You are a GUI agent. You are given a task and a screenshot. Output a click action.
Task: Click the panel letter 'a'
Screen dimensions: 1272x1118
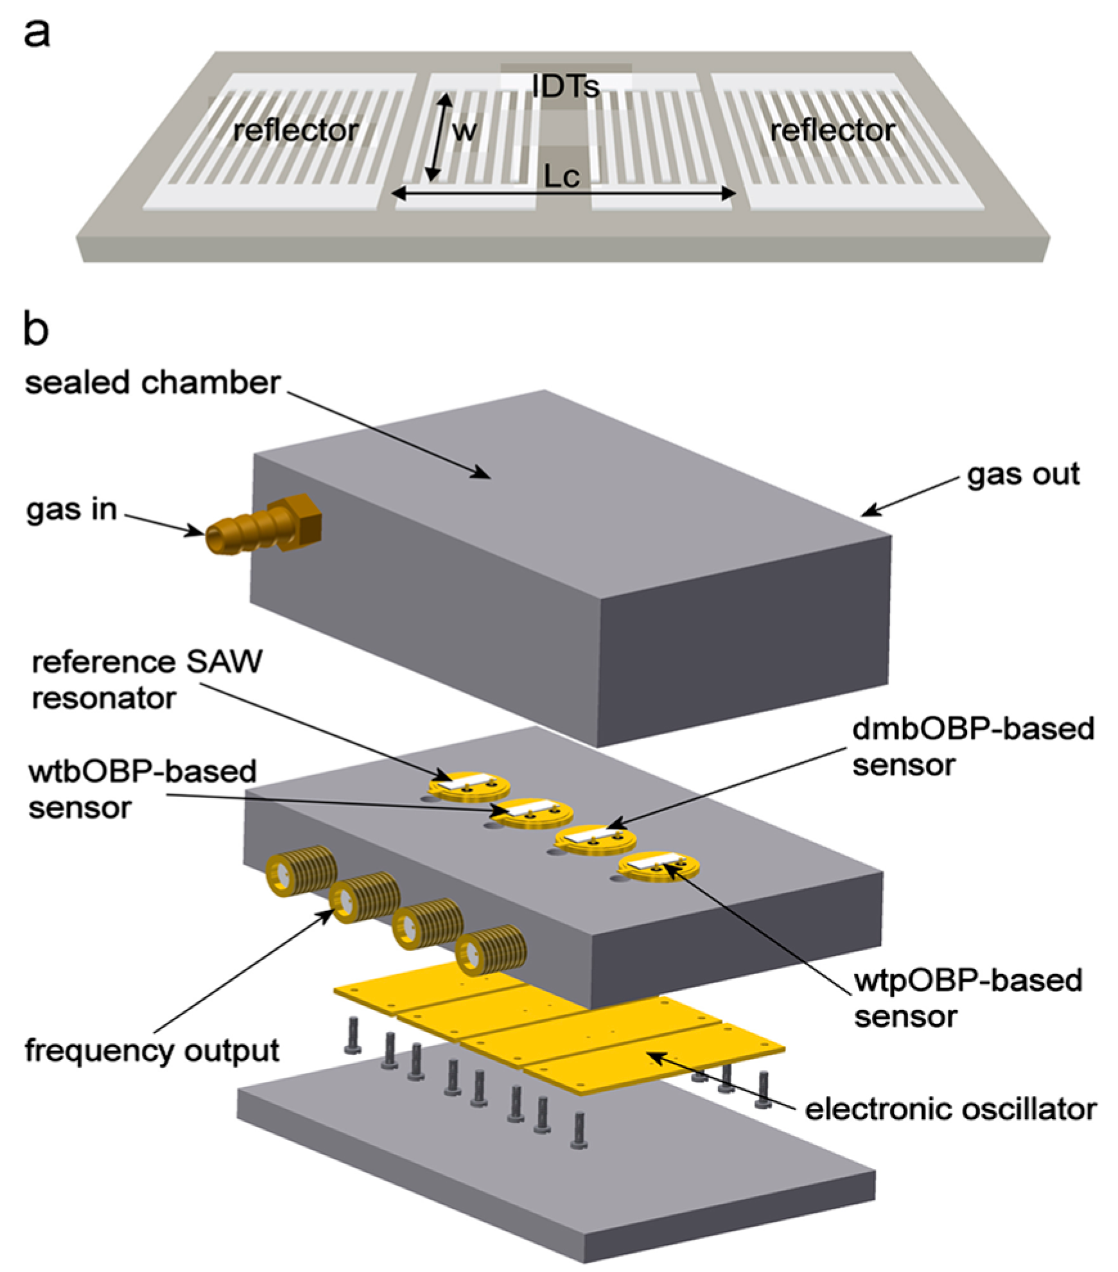[x=36, y=33]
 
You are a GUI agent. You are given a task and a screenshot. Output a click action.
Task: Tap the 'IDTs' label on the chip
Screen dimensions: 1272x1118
[x=566, y=86]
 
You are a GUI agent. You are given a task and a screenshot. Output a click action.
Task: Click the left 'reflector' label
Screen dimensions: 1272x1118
[x=295, y=131]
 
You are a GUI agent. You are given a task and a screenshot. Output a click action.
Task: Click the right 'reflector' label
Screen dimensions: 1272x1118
[x=832, y=131]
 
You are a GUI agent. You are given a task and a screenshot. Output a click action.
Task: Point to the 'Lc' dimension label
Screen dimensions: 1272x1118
[x=561, y=176]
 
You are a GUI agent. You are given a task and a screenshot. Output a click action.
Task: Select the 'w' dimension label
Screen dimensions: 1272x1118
[x=464, y=131]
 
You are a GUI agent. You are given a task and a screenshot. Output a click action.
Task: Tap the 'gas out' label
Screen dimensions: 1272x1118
[x=1022, y=475]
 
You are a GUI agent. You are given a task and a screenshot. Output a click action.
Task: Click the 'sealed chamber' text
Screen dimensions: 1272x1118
[x=153, y=383]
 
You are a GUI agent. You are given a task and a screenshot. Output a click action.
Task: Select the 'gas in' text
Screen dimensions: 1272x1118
[x=72, y=510]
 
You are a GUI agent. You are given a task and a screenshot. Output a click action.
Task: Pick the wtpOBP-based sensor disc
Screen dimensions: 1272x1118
[x=658, y=866]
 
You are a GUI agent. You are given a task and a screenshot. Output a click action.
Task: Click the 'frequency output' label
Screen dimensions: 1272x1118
[x=152, y=1051]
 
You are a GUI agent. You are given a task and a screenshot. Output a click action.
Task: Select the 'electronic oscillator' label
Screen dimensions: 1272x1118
[x=950, y=1109]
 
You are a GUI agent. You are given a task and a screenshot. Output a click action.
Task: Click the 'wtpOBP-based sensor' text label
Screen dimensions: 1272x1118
[x=967, y=998]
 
